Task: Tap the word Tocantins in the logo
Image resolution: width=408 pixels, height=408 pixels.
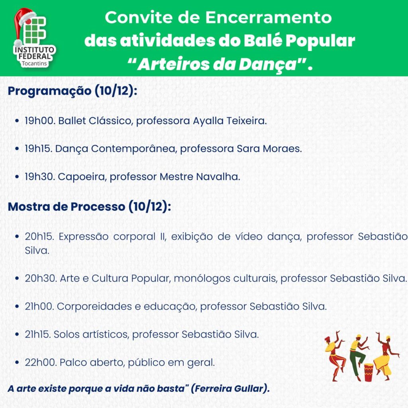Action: tap(34, 63)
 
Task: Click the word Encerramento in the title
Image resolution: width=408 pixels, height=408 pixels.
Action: tap(269, 18)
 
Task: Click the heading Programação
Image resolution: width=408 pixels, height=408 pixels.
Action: tap(50, 91)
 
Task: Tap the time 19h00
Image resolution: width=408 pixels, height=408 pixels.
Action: tap(40, 121)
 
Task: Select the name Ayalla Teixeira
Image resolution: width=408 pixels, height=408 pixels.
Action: tap(230, 121)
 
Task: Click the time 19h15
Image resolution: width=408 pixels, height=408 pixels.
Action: tap(38, 149)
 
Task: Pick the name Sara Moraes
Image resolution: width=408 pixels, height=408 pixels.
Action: tap(269, 149)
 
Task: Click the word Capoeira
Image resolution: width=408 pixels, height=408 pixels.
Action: tap(82, 177)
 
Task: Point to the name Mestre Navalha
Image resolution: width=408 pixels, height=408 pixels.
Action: tap(200, 177)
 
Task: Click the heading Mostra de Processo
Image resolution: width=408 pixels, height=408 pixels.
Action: tap(67, 207)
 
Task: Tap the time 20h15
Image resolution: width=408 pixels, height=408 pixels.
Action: tap(39, 237)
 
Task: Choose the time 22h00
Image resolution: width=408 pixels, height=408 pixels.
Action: tap(41, 362)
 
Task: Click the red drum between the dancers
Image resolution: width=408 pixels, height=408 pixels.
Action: tap(369, 373)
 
